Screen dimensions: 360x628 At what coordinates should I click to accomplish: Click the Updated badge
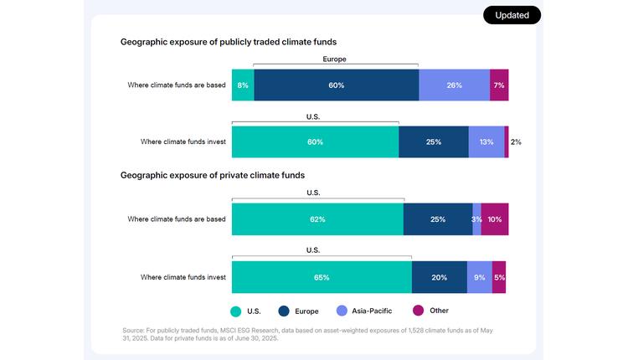click(x=512, y=15)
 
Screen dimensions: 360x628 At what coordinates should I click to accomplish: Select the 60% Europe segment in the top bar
click(x=336, y=85)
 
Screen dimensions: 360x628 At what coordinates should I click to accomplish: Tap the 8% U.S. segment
click(x=242, y=85)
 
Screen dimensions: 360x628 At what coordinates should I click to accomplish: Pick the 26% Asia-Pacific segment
click(x=454, y=85)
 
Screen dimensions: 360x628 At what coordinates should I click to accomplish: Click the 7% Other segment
click(x=499, y=85)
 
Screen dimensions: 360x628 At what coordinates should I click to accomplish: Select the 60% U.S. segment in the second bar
click(x=315, y=142)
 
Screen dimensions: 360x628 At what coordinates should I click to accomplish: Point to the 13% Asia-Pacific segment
click(x=486, y=142)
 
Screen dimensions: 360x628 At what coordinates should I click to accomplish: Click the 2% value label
click(x=516, y=142)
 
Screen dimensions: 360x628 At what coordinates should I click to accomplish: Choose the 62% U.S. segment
click(x=317, y=219)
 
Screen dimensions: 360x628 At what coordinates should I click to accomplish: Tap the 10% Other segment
click(x=494, y=219)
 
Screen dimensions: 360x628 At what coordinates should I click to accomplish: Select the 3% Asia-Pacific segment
click(x=476, y=219)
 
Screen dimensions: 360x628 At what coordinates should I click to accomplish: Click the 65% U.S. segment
click(x=322, y=277)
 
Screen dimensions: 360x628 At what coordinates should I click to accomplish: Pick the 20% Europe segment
click(x=440, y=277)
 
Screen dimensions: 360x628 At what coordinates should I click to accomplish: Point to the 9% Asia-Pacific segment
click(x=480, y=277)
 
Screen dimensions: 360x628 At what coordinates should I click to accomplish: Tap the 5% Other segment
click(x=499, y=277)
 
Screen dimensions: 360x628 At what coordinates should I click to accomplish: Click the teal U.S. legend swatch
click(x=236, y=311)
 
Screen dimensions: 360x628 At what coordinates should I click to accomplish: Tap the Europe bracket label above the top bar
click(x=334, y=59)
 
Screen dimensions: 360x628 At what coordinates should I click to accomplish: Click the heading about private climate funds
click(x=212, y=176)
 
